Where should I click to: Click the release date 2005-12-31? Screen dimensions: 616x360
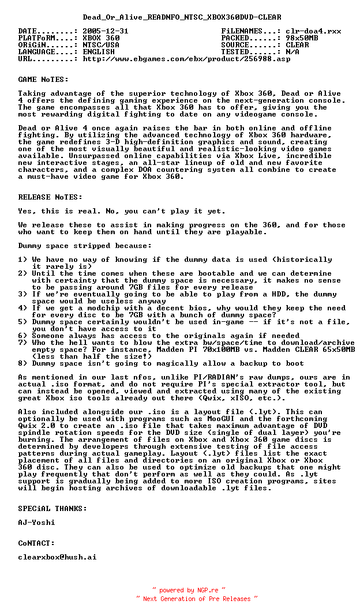pyautogui.click(x=106, y=31)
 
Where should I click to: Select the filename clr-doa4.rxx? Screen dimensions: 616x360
pyautogui.click(x=313, y=31)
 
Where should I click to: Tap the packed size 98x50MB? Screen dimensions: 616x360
pyautogui.click(x=302, y=38)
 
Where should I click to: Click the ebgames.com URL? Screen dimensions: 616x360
pyautogui.click(x=186, y=59)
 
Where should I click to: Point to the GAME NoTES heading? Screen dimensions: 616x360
pyautogui.click(x=43, y=80)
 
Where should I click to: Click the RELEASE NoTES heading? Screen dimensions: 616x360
pyautogui.click(x=50, y=197)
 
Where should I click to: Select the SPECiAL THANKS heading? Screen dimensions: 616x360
pyautogui.click(x=52, y=509)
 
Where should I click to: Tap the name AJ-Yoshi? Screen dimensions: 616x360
pyautogui.click(x=36, y=523)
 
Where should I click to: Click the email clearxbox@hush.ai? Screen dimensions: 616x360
pyautogui.click(x=57, y=557)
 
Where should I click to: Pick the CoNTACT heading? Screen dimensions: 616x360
pyautogui.click(x=36, y=543)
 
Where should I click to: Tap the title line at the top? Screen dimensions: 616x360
pyautogui.click(x=182, y=17)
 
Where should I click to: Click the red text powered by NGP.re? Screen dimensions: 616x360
pyautogui.click(x=189, y=590)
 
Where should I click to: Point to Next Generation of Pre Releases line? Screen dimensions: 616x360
pyautogui.click(x=197, y=599)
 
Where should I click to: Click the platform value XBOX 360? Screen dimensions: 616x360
pyautogui.click(x=101, y=38)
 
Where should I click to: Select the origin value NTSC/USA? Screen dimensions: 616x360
pyautogui.click(x=101, y=45)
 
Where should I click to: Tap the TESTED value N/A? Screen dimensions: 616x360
pyautogui.click(x=292, y=52)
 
